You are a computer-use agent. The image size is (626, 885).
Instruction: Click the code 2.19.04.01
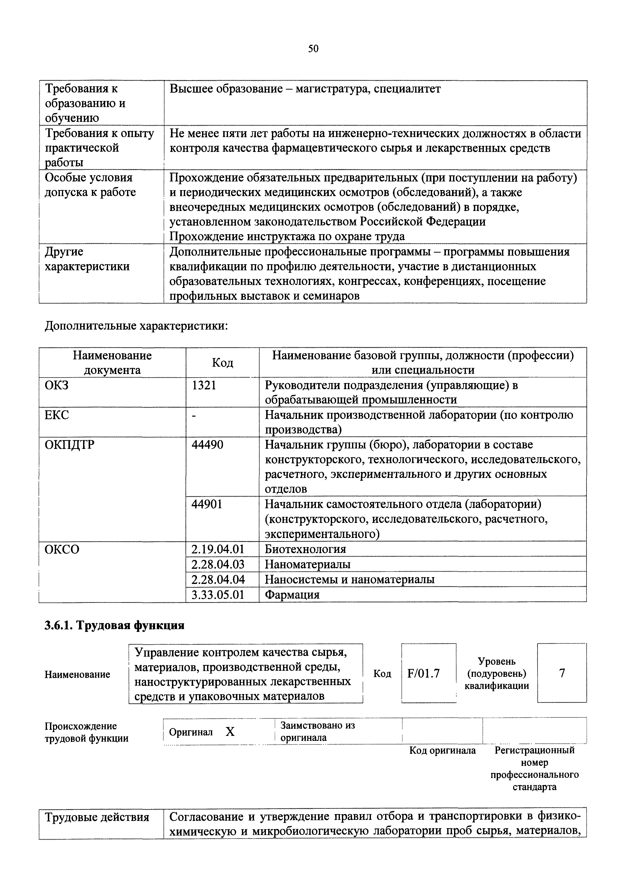tap(218, 549)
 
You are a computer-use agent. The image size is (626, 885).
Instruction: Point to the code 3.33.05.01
tap(218, 594)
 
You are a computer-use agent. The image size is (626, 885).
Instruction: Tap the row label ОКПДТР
tap(69, 445)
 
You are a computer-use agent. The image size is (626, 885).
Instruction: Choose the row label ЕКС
tap(57, 415)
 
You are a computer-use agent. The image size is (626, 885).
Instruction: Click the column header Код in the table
tap(222, 362)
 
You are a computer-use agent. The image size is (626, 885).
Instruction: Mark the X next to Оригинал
tap(230, 732)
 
